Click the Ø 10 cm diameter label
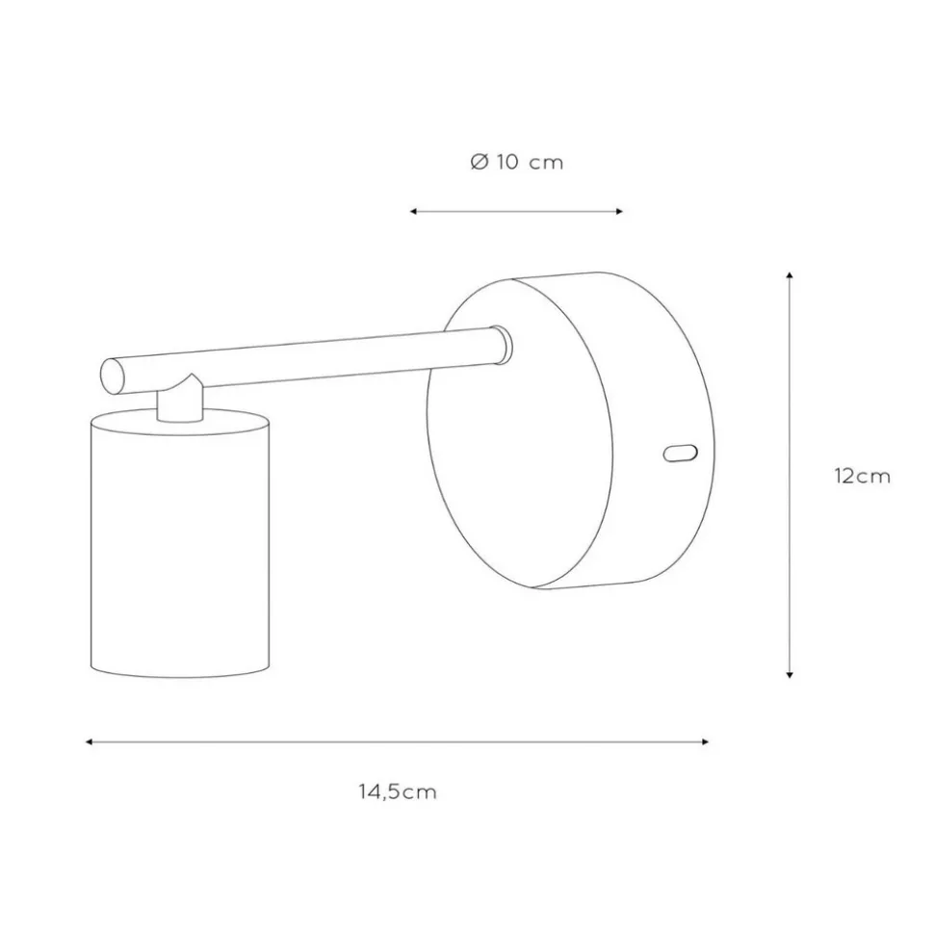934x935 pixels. click(516, 162)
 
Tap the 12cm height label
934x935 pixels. click(862, 476)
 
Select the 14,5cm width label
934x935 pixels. click(398, 792)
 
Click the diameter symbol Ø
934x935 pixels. click(480, 162)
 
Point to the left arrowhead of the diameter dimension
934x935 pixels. click(413, 212)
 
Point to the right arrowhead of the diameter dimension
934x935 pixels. click(620, 212)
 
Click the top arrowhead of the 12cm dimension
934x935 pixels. click(790, 275)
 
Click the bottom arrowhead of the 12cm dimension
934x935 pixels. click(790, 674)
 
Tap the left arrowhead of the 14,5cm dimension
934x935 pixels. click(89, 741)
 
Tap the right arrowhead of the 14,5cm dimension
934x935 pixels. click(706, 741)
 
